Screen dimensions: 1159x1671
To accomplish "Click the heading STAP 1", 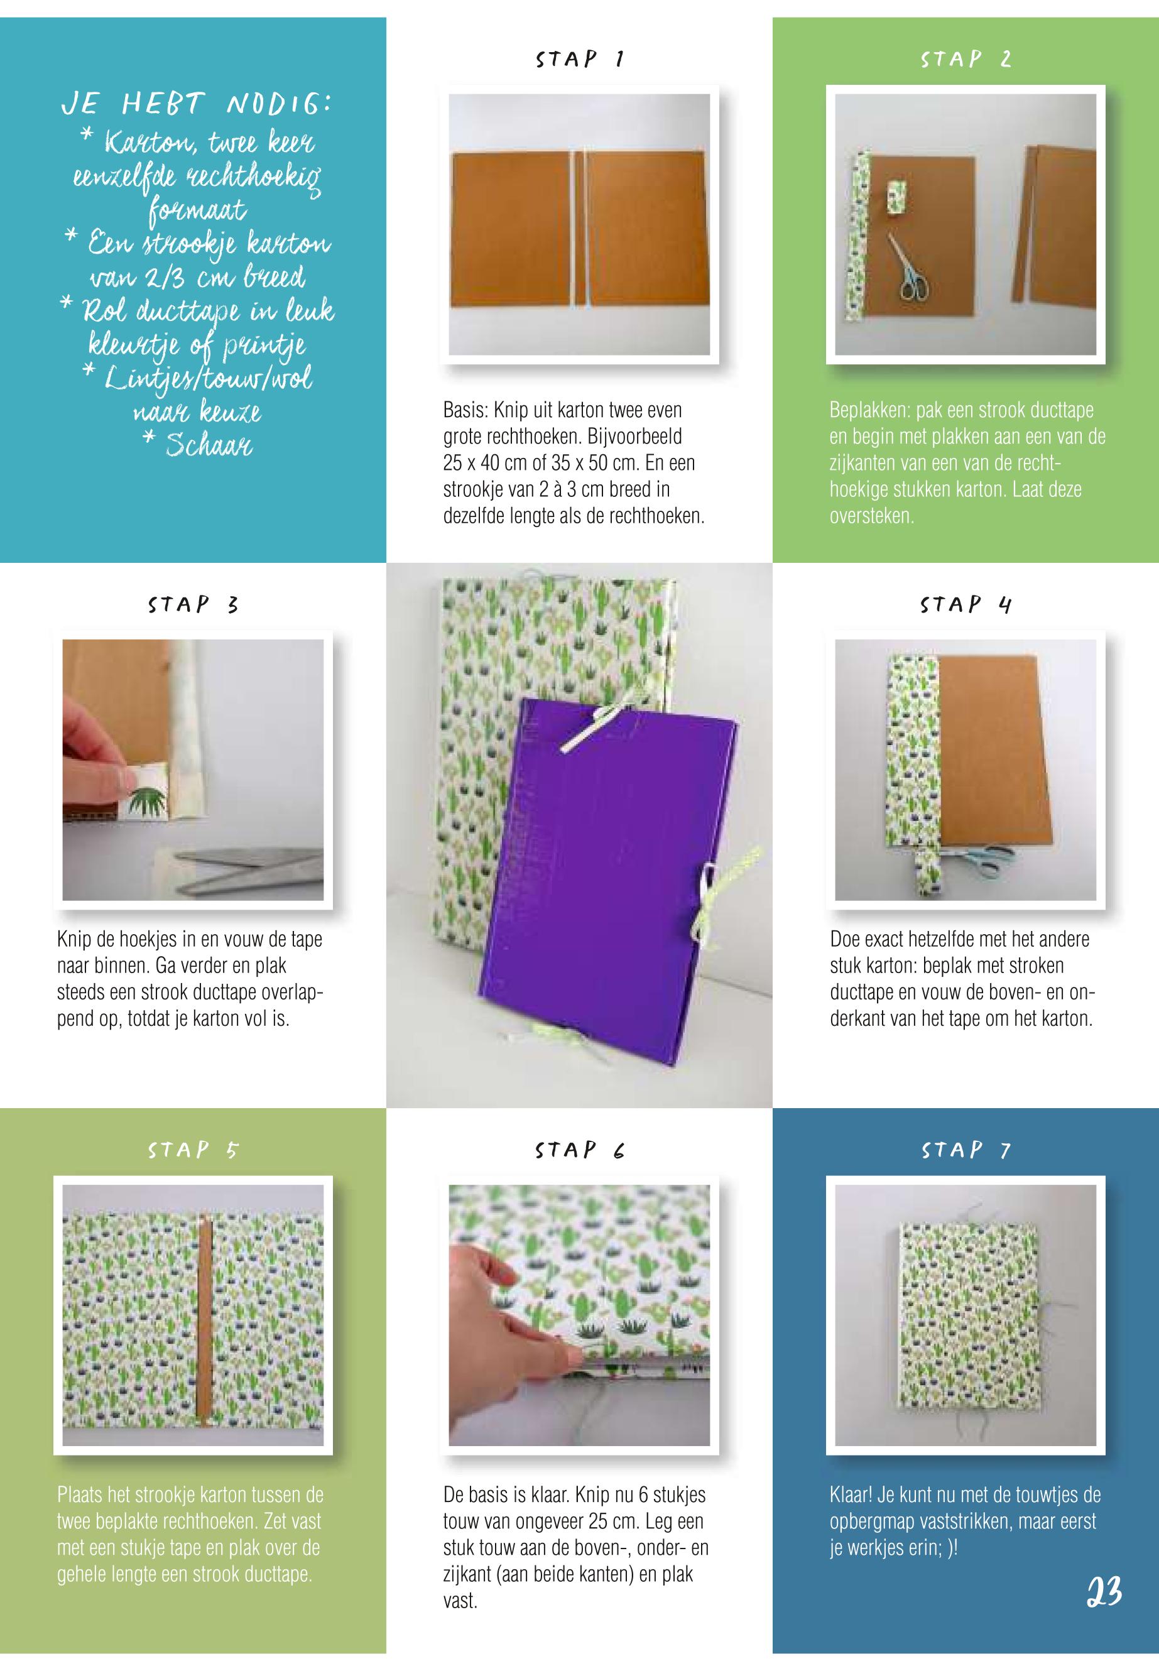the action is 579,59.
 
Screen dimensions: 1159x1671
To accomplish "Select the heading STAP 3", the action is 193,604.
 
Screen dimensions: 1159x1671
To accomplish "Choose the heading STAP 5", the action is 193,1150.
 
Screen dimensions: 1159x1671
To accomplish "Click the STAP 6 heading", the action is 579,1150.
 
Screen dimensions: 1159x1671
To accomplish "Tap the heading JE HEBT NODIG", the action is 196,106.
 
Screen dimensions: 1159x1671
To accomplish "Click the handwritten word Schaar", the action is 209,444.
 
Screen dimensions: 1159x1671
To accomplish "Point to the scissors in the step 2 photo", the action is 908,266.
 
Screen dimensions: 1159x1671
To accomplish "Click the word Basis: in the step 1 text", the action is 466,410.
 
